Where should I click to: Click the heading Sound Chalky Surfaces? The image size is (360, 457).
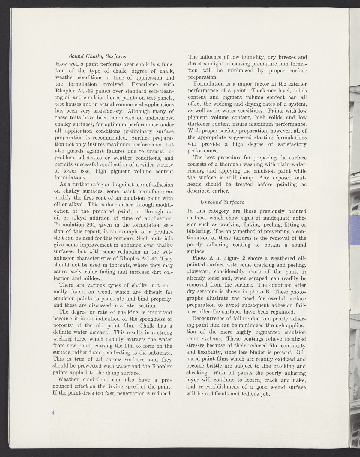coord(97,56)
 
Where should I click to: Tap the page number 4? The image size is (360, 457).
coord(53,413)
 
